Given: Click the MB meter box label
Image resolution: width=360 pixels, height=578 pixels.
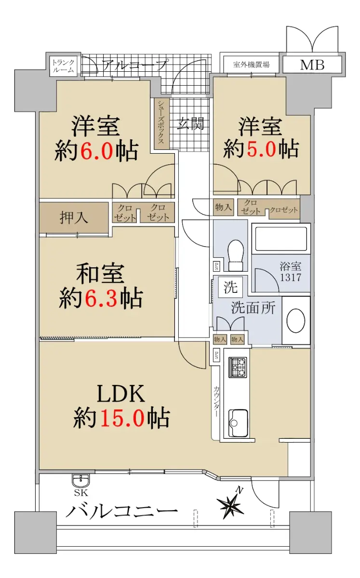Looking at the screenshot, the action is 312,65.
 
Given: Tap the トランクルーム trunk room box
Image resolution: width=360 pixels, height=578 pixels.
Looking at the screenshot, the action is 63,66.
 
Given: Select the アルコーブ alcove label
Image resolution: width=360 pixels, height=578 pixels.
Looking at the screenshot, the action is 134,65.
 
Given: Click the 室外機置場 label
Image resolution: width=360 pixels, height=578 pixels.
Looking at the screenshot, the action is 251,65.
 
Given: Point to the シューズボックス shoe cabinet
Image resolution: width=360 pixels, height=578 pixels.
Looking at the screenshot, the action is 161,123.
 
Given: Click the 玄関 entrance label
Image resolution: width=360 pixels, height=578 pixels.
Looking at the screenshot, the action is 191,124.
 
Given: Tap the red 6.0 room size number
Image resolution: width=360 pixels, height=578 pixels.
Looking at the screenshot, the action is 97,150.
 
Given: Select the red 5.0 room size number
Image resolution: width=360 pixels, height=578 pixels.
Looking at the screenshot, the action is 261,148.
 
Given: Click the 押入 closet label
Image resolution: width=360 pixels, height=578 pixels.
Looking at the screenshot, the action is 74,217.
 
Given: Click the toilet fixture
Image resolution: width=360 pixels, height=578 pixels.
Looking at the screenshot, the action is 236,255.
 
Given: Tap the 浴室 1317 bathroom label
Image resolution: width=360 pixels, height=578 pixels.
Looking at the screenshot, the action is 291,272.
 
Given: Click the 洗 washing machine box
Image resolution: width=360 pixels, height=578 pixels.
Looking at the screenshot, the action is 230,287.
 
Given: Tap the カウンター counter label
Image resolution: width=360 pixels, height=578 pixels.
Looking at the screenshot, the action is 216,401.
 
